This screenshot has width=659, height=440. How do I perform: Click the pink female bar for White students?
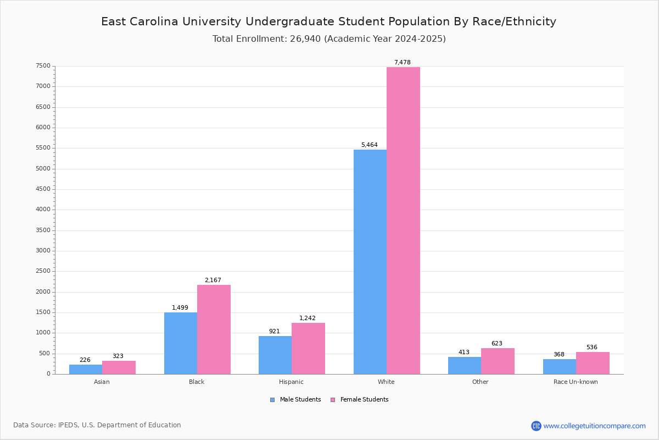403,221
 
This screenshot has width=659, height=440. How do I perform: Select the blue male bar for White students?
370,262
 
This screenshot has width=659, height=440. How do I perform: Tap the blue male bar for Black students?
181,343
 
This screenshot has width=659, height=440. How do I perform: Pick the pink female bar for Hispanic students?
308,348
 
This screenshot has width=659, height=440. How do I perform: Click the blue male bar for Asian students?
86,369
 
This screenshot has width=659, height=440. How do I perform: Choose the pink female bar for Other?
498,361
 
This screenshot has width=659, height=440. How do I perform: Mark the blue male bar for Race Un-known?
560,366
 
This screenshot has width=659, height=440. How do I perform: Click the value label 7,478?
402,63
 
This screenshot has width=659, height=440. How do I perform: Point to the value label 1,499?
180,308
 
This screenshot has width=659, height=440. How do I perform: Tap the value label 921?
274,332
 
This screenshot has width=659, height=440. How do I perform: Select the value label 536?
591,348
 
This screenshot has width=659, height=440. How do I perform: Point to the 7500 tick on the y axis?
43,66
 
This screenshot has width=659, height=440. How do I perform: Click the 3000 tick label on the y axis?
43,251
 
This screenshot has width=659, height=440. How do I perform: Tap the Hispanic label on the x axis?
291,382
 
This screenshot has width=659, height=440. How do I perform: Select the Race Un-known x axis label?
576,382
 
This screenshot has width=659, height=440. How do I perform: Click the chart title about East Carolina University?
328,22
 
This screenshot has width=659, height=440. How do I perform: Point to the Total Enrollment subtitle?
329,39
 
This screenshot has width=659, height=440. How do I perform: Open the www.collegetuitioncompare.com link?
594,426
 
